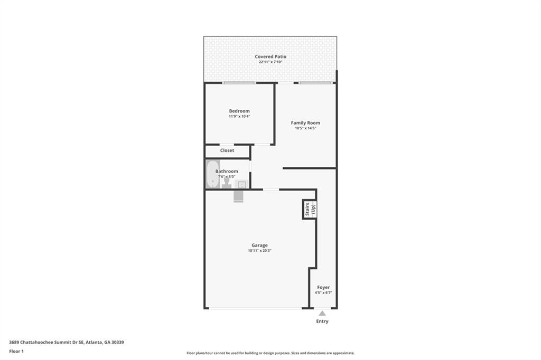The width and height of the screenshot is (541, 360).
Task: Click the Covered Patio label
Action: click(270, 56)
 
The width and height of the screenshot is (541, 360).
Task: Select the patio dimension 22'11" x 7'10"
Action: click(270, 62)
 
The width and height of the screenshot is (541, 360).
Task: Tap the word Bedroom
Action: click(239, 111)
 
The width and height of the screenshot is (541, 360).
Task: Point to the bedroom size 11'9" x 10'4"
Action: click(239, 116)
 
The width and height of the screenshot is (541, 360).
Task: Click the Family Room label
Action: click(305, 122)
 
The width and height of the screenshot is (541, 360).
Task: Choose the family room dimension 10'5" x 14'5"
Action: click(305, 128)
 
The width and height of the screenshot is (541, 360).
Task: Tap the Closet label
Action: click(227, 150)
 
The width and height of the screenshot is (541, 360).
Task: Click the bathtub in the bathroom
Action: click(212, 174)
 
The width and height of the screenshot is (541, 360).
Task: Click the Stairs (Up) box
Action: click(309, 209)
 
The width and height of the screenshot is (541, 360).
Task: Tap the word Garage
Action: click(259, 245)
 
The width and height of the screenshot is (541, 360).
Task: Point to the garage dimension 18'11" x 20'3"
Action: click(259, 251)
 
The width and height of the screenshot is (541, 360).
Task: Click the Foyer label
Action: click(323, 287)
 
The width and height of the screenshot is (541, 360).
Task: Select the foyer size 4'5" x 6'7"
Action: click(323, 292)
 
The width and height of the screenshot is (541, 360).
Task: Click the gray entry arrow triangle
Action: click(322, 314)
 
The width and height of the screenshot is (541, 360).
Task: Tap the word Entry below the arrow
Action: click(322, 321)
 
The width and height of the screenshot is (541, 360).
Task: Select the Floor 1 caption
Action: click(16, 351)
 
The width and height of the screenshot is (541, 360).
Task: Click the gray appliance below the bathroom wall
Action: click(238, 196)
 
